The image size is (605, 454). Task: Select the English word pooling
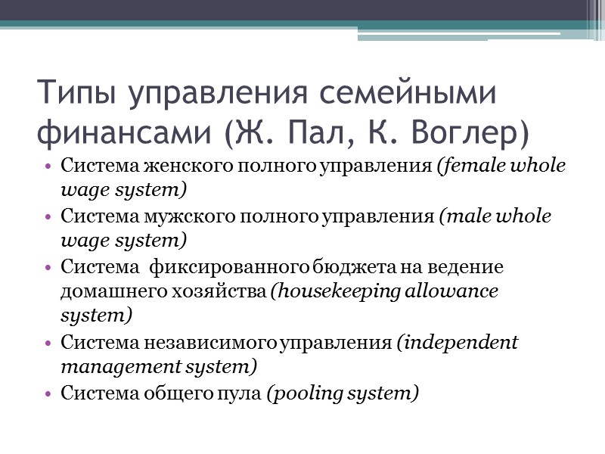point(312,394)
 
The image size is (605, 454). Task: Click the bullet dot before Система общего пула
point(49,394)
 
